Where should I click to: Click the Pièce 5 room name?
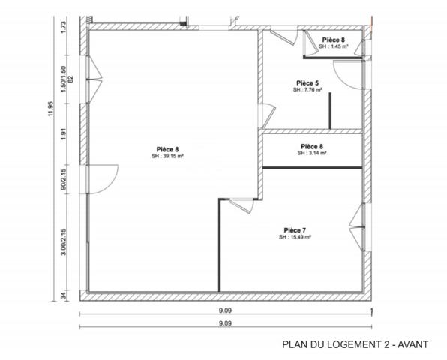[307, 82]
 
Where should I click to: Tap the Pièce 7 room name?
[295, 229]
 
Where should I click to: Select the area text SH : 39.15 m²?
[168, 157]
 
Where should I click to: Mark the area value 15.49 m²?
[295, 237]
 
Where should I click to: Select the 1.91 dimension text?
[65, 133]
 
